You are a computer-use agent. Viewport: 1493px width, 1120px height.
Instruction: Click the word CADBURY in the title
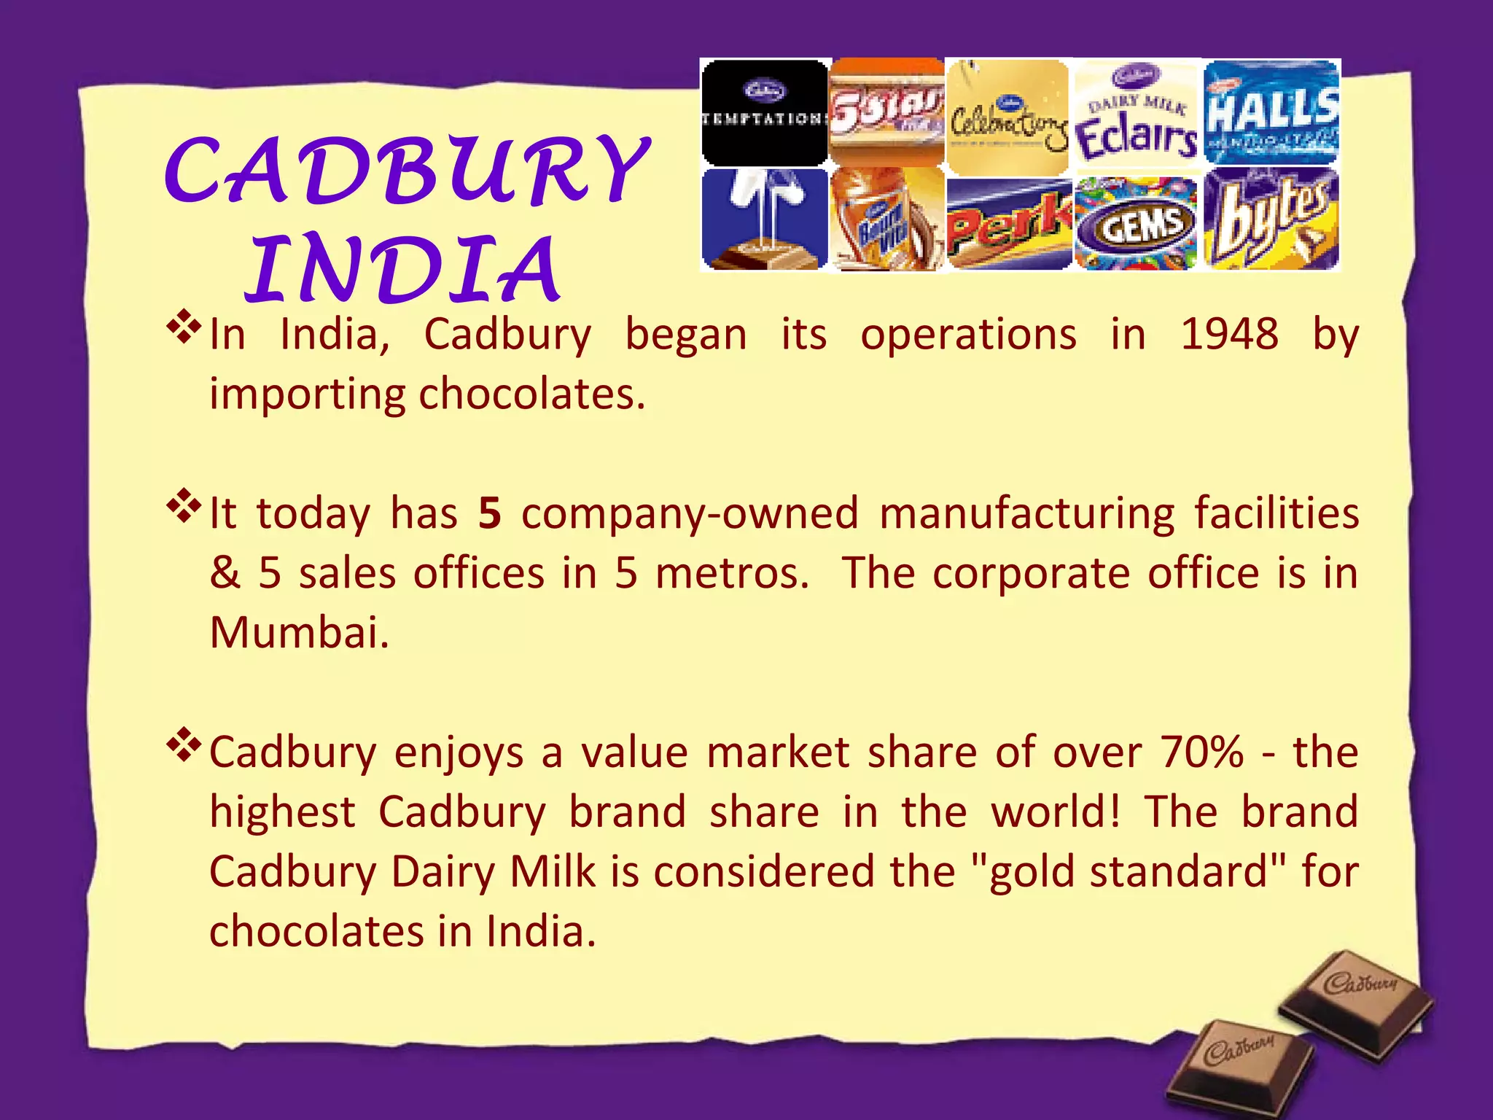407,171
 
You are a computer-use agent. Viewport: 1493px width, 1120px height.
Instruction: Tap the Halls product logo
1271,113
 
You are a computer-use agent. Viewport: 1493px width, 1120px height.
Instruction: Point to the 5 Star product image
886,113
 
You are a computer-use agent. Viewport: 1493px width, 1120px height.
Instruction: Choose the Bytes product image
1271,220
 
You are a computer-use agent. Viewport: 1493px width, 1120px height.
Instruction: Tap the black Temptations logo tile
764,113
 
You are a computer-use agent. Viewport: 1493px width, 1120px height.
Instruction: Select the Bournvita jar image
886,220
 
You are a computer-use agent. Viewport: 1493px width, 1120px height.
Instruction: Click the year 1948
1229,335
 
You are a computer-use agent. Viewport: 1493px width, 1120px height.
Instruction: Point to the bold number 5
490,513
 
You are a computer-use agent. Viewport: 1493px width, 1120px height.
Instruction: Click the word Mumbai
299,632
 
